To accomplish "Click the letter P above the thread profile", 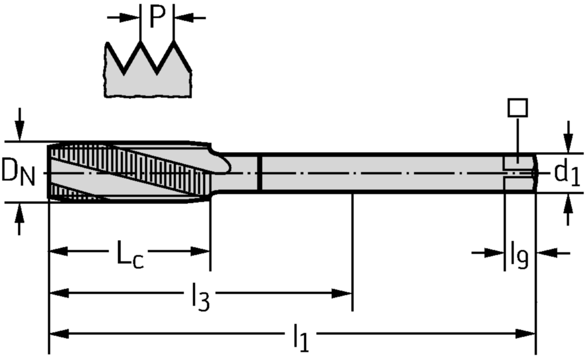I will click(x=157, y=18).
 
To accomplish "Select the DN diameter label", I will click(x=19, y=172).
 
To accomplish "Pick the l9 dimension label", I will click(x=519, y=255).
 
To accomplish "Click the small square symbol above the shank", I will click(x=517, y=108).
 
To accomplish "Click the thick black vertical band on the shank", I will click(x=260, y=173).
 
